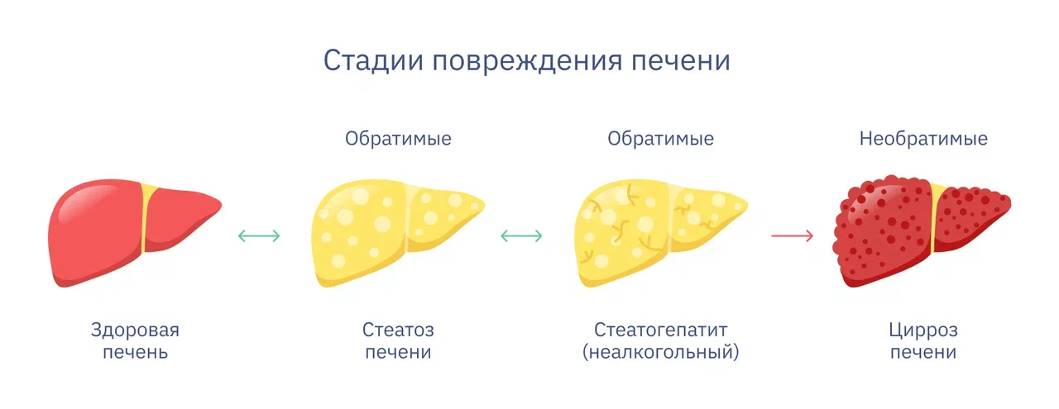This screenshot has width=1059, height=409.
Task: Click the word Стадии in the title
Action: click(373, 60)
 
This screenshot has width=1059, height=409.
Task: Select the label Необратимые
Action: click(923, 138)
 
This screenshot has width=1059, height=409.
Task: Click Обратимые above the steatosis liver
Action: click(398, 138)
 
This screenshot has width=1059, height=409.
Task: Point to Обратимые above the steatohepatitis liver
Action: click(660, 138)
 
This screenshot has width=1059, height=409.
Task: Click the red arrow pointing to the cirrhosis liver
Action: click(793, 235)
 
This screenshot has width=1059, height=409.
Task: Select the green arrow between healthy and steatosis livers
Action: click(259, 235)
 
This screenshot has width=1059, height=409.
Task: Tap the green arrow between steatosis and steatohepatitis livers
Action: click(521, 235)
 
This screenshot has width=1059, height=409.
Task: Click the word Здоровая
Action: click(135, 330)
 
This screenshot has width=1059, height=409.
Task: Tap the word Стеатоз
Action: click(398, 330)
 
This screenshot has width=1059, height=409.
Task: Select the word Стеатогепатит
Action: click(660, 330)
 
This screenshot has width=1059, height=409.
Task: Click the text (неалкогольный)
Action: click(660, 352)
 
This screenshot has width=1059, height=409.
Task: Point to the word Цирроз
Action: click(923, 331)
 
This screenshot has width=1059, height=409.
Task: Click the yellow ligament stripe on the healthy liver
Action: click(146, 217)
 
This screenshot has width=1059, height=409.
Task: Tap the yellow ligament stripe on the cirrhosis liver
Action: click(936, 217)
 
